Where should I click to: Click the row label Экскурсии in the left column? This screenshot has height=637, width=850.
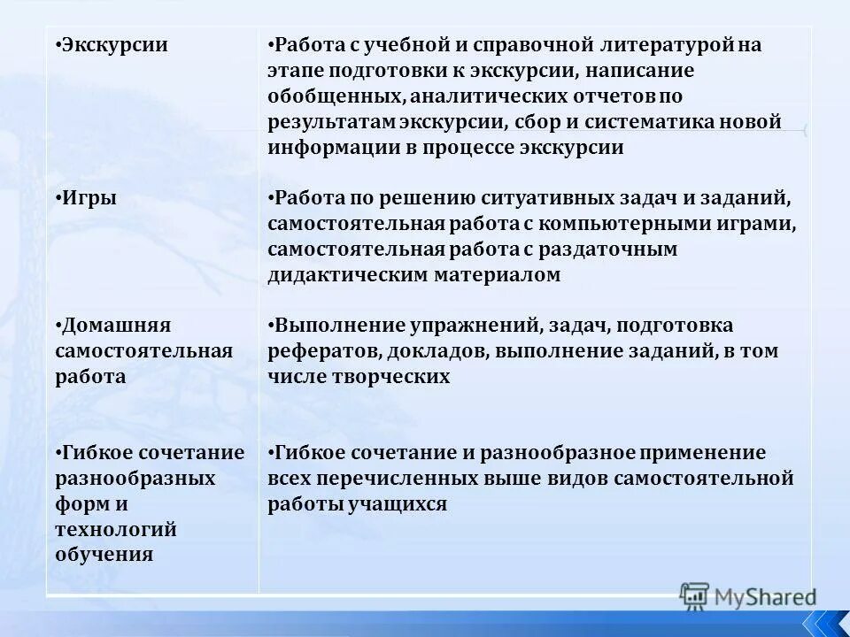[114, 45]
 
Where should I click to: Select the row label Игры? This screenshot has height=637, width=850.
[89, 198]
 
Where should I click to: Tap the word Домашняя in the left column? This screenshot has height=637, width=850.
[116, 326]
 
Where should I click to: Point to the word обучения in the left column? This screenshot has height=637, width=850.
[104, 556]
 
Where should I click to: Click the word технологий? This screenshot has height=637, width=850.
[115, 530]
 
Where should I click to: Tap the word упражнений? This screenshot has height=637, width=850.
[461, 326]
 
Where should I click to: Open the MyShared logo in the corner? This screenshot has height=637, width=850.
[748, 596]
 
